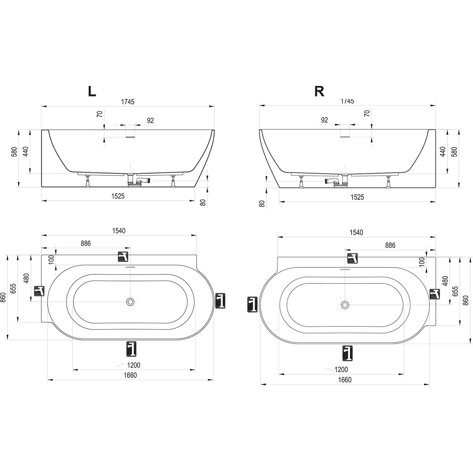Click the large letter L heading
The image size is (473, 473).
pyautogui.click(x=92, y=91)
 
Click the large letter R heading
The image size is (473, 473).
pyautogui.click(x=319, y=91)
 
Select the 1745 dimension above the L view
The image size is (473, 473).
pyautogui.click(x=128, y=102)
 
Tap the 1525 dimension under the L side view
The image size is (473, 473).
pyautogui.click(x=118, y=196)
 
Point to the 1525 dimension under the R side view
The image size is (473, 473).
pyautogui.click(x=358, y=197)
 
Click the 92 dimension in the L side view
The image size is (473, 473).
pyautogui.click(x=150, y=121)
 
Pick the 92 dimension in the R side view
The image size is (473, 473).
pyautogui.click(x=324, y=120)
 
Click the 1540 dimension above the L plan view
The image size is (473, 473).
pyautogui.click(x=119, y=231)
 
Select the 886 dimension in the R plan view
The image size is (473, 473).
pyautogui.click(x=390, y=245)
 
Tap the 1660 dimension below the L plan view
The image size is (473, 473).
pyautogui.click(x=130, y=375)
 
